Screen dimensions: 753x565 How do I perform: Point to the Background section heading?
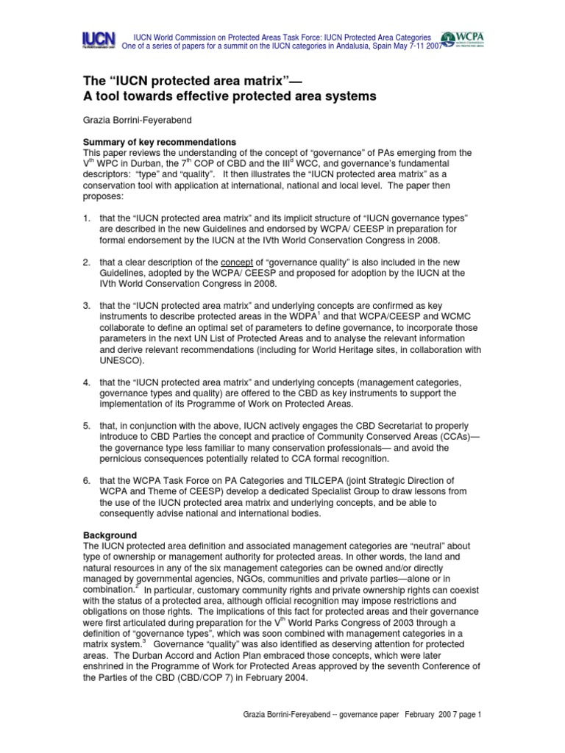click(110, 535)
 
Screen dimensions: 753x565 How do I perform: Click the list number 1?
click(86, 218)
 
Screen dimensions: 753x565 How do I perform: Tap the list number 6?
click(86, 480)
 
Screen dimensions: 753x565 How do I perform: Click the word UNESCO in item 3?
click(124, 361)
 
